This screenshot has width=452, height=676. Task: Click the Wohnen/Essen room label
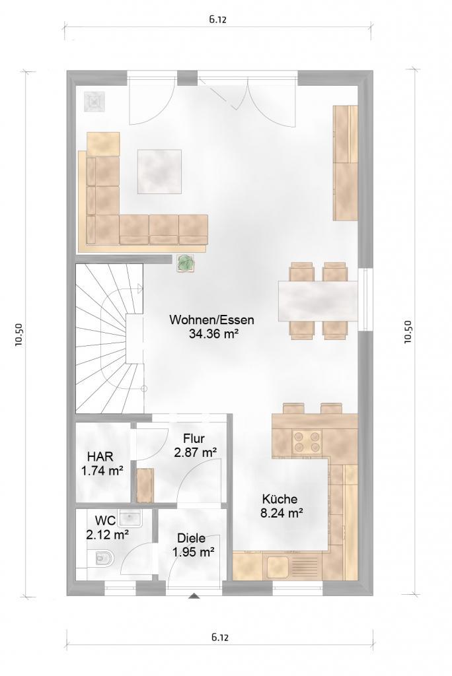point(211,320)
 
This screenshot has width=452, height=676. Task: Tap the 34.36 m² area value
point(213,333)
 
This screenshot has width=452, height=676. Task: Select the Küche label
point(280,499)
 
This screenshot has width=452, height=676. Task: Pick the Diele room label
point(191,538)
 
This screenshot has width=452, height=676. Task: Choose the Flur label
point(194,439)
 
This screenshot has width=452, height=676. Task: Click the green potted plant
point(186,263)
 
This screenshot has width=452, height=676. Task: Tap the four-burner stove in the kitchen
point(307,441)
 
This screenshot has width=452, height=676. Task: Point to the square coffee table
point(159,171)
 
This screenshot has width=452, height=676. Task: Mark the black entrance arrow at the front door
point(194,596)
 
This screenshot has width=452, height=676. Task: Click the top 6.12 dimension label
point(217,19)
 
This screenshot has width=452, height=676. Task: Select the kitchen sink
point(277,566)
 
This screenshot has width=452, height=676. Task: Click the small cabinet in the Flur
point(145,485)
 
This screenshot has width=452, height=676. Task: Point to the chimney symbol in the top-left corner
point(94,102)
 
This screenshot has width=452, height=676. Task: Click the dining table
point(318,301)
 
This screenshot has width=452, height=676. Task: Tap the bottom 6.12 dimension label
point(219,636)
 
